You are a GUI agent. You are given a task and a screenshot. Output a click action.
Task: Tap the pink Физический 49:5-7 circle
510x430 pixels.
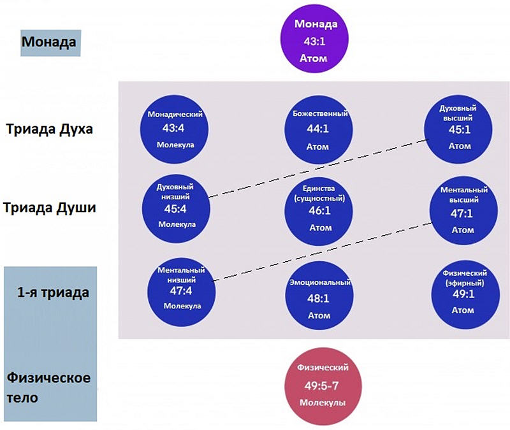click(x=323, y=386)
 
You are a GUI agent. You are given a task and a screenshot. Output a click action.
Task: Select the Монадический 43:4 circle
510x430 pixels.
click(x=175, y=129)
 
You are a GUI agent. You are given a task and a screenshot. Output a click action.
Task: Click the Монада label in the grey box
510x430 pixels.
click(x=50, y=43)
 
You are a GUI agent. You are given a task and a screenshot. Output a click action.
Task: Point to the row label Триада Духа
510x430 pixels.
click(x=50, y=129)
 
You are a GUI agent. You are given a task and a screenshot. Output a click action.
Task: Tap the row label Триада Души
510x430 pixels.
click(x=50, y=208)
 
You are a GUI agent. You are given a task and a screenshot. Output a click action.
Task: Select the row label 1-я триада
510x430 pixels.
click(x=53, y=293)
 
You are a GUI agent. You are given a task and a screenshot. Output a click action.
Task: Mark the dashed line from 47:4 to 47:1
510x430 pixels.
click(x=322, y=248)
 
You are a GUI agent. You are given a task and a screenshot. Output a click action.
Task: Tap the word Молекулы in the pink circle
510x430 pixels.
click(x=323, y=403)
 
